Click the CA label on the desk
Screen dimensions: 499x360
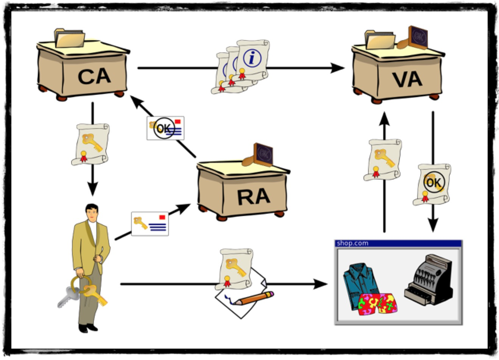coord(94,77)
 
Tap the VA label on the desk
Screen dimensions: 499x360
coord(407,80)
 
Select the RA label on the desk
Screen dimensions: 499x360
coord(254,197)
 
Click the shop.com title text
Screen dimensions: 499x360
coord(352,243)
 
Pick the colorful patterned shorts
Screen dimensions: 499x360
coord(377,304)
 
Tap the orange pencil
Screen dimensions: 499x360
coord(254,298)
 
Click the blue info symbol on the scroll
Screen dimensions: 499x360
coord(252,58)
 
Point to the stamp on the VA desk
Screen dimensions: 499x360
coord(413,38)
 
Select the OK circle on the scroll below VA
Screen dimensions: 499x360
coord(434,182)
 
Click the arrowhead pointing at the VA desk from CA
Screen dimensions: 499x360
coord(337,68)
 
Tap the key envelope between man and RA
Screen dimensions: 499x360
coord(150,224)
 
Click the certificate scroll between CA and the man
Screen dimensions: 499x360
coord(90,144)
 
